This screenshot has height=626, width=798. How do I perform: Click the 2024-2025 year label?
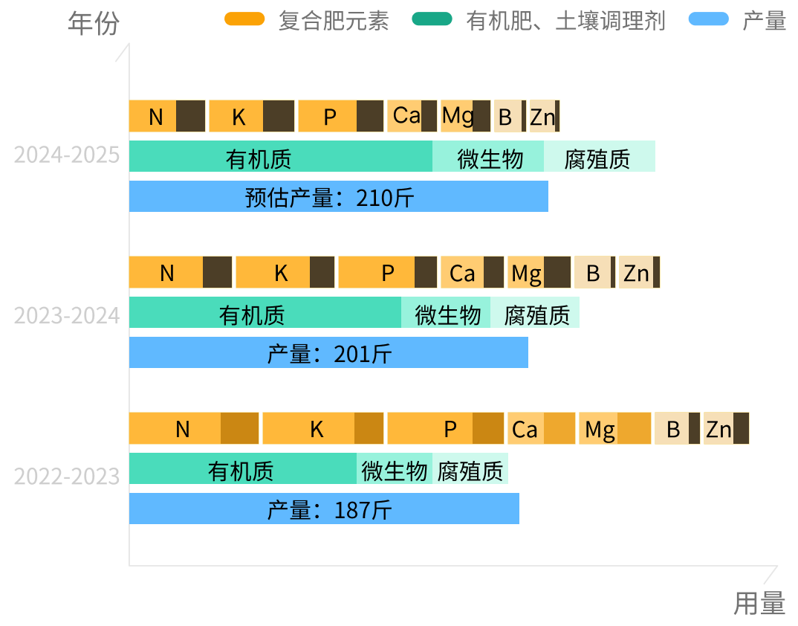pos(67,155)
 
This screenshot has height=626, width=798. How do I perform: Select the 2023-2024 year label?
pos(67,315)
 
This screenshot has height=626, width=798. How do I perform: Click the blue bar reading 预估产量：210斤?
pos(339,197)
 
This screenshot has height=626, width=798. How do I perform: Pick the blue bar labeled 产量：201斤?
pos(328,353)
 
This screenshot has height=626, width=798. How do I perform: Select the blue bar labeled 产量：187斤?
pos(324,509)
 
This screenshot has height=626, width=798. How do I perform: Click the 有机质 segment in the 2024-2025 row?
pos(281,157)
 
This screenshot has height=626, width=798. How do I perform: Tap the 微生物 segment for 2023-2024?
pos(446,313)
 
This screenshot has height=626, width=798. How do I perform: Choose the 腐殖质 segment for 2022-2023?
pos(470,469)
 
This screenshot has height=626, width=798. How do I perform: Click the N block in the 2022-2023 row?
pos(194,429)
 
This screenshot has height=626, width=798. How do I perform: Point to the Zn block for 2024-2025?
pos(545,117)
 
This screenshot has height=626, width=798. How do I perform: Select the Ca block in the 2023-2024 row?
pos(472,273)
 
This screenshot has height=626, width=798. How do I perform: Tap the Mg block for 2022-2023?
pos(614,429)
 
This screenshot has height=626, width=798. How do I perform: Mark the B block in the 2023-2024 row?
pos(594,273)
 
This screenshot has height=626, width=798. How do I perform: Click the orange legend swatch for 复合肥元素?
pos(244,19)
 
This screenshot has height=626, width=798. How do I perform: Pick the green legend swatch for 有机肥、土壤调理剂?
pos(432,19)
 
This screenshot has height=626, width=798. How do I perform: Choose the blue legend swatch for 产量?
pos(708,19)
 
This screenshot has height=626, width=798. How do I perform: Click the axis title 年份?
pos(93,24)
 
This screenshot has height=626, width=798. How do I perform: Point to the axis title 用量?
pos(759,603)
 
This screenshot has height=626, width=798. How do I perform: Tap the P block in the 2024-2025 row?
pos(340,117)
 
